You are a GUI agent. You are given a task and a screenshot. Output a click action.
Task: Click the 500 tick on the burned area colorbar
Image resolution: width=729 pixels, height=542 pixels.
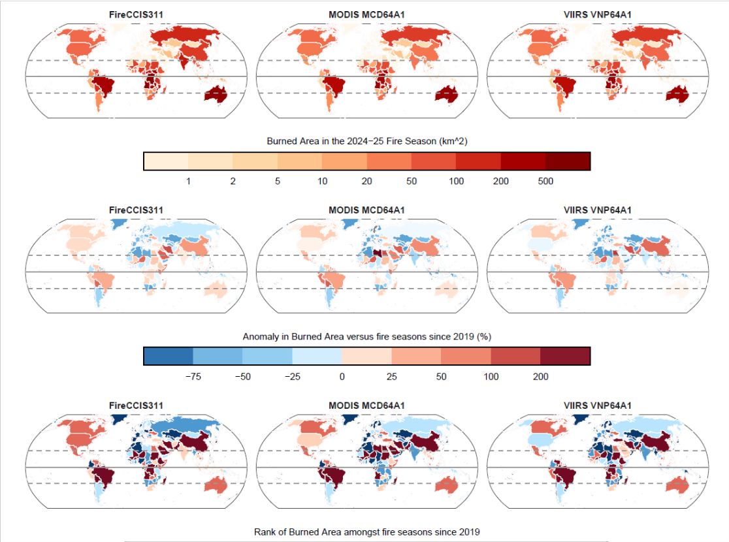click(x=545, y=181)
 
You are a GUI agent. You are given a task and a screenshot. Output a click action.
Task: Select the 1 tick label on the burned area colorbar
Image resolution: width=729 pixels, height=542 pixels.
click(x=188, y=181)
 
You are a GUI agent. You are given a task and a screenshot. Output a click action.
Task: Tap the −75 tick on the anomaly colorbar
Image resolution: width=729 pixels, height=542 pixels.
click(x=193, y=377)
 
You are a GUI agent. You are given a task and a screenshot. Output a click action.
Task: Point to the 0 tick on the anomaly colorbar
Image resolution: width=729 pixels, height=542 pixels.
click(x=342, y=377)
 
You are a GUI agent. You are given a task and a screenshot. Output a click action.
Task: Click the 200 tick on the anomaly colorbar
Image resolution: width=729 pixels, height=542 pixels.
click(x=540, y=377)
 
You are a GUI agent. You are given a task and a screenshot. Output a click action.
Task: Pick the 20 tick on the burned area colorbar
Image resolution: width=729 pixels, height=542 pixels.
click(x=366, y=181)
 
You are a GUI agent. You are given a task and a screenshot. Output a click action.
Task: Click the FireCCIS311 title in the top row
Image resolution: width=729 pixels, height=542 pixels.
click(x=136, y=14)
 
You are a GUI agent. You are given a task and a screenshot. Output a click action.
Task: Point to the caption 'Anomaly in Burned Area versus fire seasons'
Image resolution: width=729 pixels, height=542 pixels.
click(x=366, y=336)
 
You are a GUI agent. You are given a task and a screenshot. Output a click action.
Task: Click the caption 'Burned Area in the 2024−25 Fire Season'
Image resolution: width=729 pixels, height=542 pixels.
click(x=366, y=141)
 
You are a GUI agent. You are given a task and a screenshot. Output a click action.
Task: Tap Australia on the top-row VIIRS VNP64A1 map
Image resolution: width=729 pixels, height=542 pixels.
click(x=678, y=96)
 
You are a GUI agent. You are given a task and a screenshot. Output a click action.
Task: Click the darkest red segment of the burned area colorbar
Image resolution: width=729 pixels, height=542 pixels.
click(x=568, y=161)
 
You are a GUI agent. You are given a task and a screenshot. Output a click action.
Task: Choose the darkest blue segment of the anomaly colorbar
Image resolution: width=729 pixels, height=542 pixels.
click(x=169, y=356)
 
